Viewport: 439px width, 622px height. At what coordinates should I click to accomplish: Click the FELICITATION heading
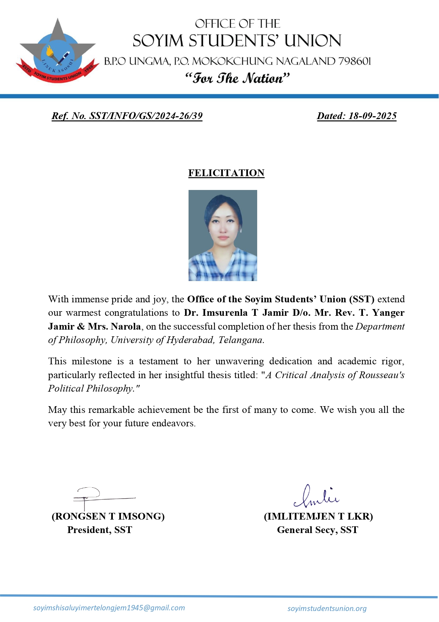226,173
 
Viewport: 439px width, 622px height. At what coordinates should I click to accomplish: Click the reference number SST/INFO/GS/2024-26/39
146,116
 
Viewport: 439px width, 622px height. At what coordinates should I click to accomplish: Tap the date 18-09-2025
372,116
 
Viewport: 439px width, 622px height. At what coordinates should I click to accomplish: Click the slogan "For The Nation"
237,78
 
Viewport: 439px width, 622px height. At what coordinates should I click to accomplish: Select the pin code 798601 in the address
354,61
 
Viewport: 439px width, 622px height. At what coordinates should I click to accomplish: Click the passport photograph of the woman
223,235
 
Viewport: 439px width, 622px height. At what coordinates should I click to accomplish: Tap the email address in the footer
109,608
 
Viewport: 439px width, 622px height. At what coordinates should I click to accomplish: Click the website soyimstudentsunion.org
327,609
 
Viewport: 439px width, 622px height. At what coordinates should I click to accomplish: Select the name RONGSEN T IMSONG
108,516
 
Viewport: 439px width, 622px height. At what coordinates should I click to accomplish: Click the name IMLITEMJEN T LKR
318,516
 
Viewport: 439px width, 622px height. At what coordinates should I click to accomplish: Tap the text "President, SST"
100,530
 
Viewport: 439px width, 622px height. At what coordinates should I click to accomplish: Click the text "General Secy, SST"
317,530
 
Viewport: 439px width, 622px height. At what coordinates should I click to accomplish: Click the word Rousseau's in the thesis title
381,375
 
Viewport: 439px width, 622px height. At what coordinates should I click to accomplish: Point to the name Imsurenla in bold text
225,313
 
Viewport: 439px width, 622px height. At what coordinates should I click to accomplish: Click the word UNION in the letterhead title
313,41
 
